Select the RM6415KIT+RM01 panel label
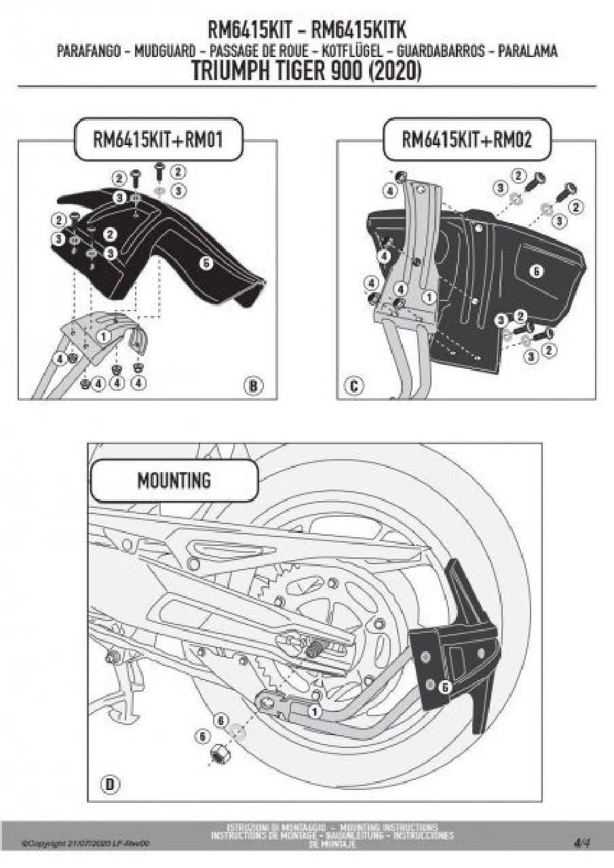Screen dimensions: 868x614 pyautogui.click(x=157, y=140)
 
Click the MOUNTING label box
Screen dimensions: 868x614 pyautogui.click(x=174, y=481)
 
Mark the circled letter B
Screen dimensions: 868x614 pyautogui.click(x=253, y=387)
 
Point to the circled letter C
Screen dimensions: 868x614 pyautogui.click(x=353, y=387)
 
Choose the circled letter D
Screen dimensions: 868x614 pyautogui.click(x=110, y=785)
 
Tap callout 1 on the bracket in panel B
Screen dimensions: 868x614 pyautogui.click(x=104, y=335)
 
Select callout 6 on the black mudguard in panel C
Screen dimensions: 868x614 pyautogui.click(x=536, y=271)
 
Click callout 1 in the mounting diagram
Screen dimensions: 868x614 pyautogui.click(x=314, y=711)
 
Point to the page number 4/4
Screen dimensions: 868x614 pyautogui.click(x=581, y=844)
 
